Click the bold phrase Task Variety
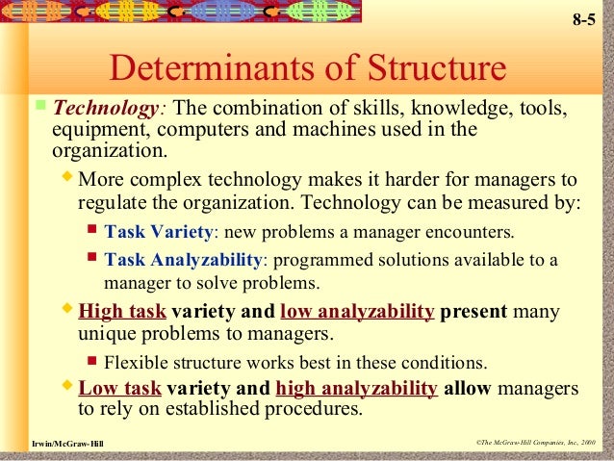click(158, 232)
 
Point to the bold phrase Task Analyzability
click(183, 260)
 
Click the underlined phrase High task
click(122, 312)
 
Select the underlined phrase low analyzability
click(357, 312)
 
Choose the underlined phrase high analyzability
click(356, 389)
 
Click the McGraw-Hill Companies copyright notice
click(535, 442)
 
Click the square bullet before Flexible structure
click(91, 363)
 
